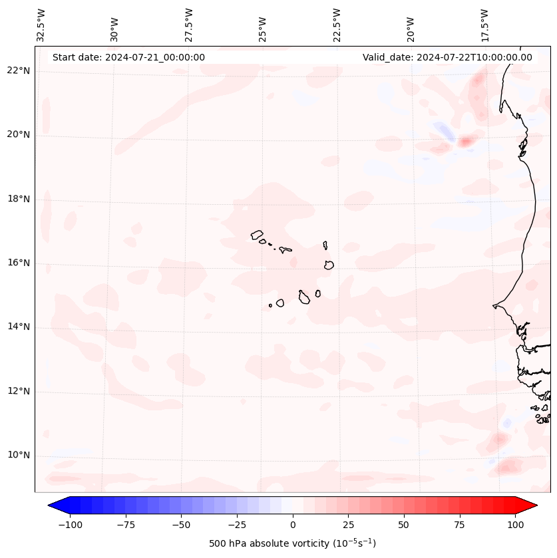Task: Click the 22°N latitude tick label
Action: [x=19, y=70]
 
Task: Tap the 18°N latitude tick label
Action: [x=19, y=199]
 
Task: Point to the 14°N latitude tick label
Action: [x=19, y=327]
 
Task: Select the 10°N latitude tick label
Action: [x=19, y=456]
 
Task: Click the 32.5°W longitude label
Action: [x=41, y=25]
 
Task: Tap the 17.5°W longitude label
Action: [x=485, y=25]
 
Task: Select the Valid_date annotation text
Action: [x=447, y=57]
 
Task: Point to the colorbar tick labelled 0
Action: [x=293, y=525]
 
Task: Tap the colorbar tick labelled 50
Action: [x=404, y=525]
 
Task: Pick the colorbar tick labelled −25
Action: [x=237, y=525]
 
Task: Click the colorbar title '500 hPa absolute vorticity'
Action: [x=293, y=543]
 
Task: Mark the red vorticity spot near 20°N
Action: [x=466, y=140]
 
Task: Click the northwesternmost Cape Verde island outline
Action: [x=257, y=235]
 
